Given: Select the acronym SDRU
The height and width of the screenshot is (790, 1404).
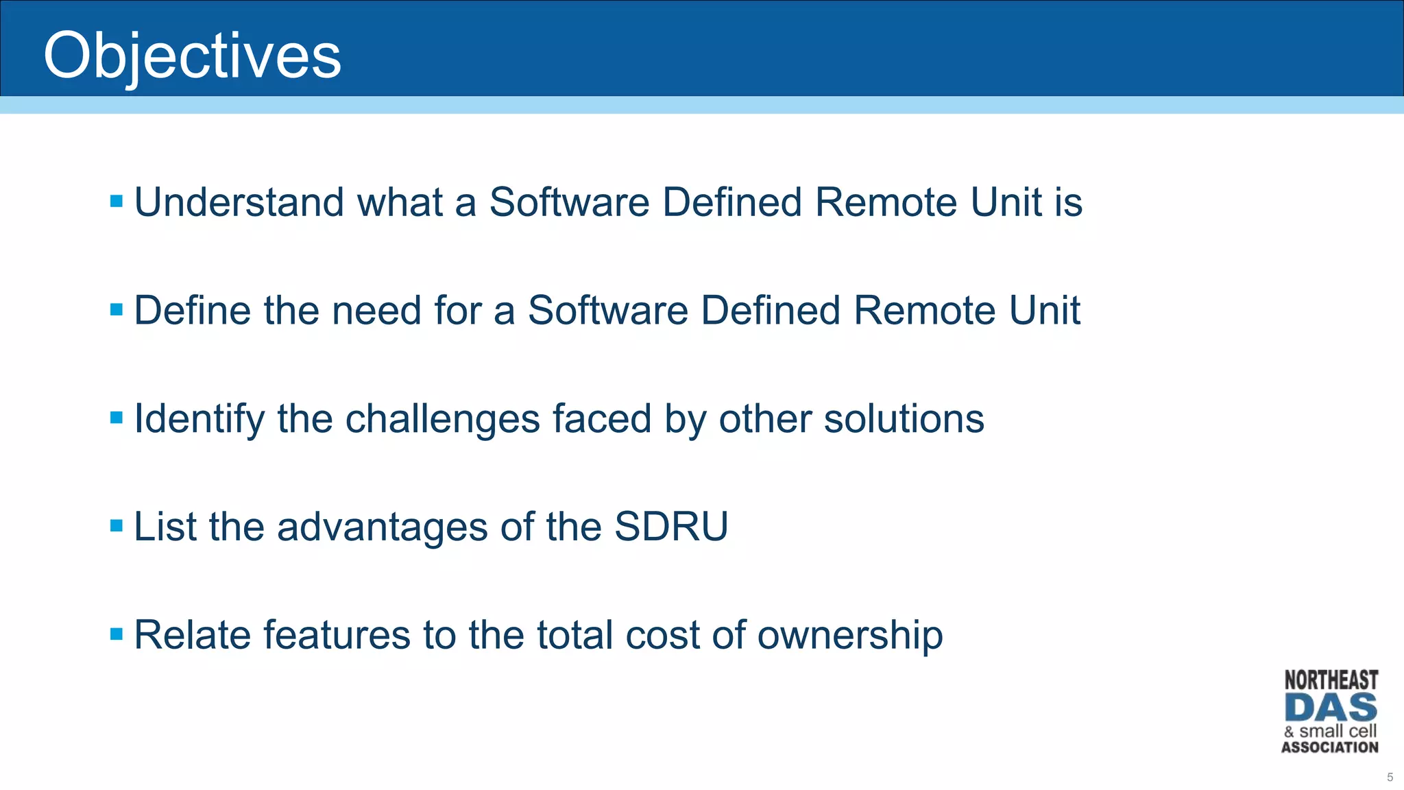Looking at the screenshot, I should [670, 527].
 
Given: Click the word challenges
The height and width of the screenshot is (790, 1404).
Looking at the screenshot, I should [442, 418].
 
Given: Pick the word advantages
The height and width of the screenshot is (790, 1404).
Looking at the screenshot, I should [383, 527].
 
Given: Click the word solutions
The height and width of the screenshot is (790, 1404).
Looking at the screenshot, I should [904, 418].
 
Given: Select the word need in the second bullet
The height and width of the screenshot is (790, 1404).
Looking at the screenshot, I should [376, 311].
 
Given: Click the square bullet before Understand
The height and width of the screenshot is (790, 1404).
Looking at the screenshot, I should [117, 202].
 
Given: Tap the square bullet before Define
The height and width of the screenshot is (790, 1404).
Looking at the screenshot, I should [117, 310].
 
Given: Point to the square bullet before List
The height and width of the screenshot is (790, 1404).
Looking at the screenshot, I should [117, 526].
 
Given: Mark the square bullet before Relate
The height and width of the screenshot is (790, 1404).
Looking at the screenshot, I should [117, 634].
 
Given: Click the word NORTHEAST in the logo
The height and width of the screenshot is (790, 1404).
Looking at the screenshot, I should [1331, 680].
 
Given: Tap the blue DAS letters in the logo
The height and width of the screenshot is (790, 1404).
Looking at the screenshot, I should [1331, 708].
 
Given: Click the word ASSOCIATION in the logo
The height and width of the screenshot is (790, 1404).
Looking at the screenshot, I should [1330, 747].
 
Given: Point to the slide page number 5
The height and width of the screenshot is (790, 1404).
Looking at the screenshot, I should [1390, 777].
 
